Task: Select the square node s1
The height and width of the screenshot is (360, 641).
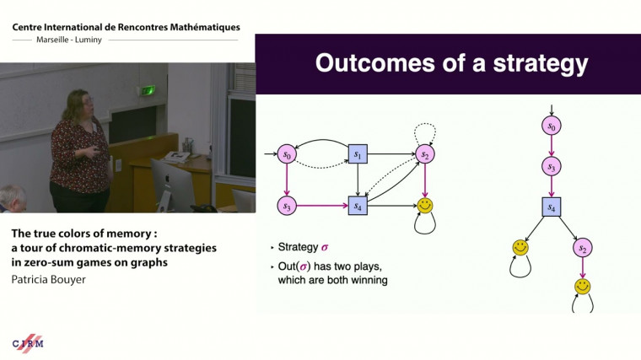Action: tap(357, 154)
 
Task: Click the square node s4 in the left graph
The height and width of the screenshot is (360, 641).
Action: tap(357, 204)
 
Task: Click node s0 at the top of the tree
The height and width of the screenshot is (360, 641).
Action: tap(552, 126)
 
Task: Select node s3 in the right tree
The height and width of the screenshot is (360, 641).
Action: tap(552, 167)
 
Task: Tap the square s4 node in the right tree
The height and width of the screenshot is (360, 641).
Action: tap(552, 207)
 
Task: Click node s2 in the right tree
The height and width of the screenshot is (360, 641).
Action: tap(582, 248)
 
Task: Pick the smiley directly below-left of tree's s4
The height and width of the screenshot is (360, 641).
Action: tap(520, 248)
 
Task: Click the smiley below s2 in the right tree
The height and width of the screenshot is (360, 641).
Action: tap(582, 287)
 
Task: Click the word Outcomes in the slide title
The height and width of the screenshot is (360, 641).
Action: tap(376, 64)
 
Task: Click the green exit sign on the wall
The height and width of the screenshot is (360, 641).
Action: tap(149, 90)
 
